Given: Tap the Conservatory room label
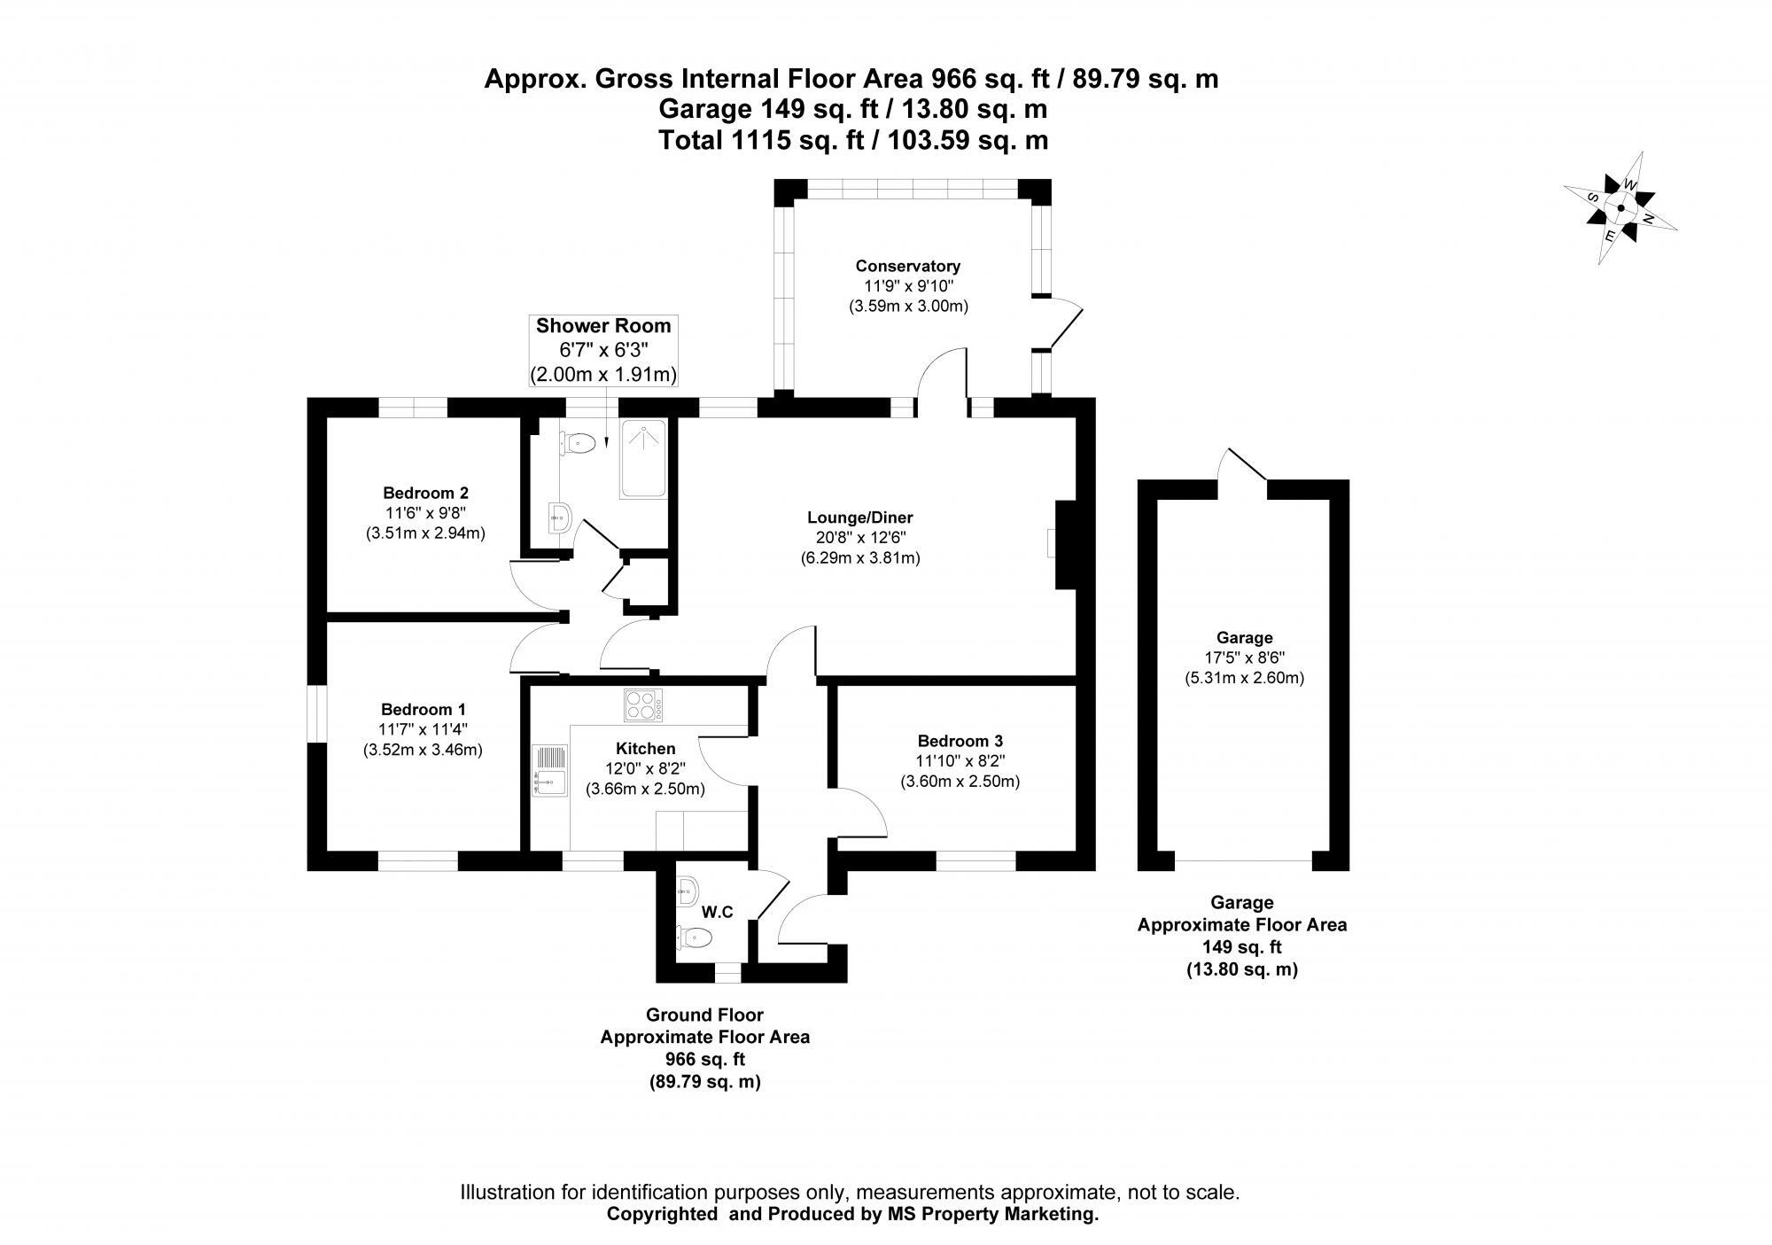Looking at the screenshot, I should tap(907, 266).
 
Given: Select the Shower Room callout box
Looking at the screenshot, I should tap(603, 350).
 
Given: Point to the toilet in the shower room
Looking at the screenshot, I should tap(579, 442).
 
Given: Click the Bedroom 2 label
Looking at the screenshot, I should tap(425, 493).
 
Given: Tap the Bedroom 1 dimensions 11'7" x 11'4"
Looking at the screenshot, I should tap(423, 729).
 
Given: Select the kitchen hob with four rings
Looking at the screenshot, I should tap(644, 705).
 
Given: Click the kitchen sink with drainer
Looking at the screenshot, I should tap(549, 770).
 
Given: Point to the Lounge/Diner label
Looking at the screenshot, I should tap(859, 517).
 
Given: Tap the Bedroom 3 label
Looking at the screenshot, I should tap(960, 741).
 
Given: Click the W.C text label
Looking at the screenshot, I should tap(717, 912).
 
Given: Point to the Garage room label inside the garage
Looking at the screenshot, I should tap(1244, 637).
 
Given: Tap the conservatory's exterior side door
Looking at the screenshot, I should tap(1061, 324).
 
